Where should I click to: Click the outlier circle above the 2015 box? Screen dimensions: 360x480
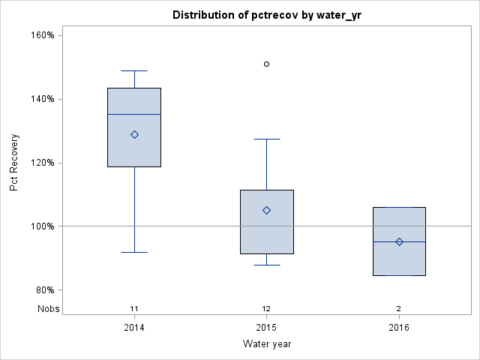click(x=266, y=64)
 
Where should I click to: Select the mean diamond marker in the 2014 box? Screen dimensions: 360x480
click(x=134, y=135)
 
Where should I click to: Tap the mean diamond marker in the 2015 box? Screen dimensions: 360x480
click(x=266, y=210)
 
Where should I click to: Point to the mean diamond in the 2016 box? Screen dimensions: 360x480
click(x=399, y=241)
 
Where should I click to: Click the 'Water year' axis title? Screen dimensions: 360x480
click(x=266, y=344)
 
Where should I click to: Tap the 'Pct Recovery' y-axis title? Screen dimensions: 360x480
click(x=14, y=163)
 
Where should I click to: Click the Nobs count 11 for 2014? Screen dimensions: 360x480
click(x=134, y=308)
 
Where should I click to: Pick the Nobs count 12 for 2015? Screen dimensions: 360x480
click(x=266, y=308)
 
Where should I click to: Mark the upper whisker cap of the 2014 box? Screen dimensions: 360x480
click(x=134, y=70)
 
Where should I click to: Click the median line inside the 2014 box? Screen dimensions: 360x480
click(x=134, y=115)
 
